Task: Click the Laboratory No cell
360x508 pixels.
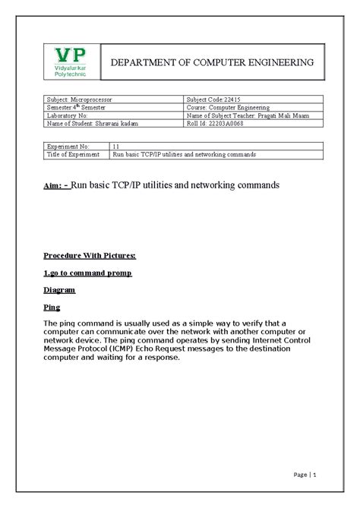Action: pyautogui.click(x=74, y=115)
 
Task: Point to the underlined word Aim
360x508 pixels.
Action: pyautogui.click(x=52, y=185)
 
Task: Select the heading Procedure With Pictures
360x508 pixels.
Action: pyautogui.click(x=90, y=257)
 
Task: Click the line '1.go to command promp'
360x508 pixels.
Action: pyautogui.click(x=87, y=273)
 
